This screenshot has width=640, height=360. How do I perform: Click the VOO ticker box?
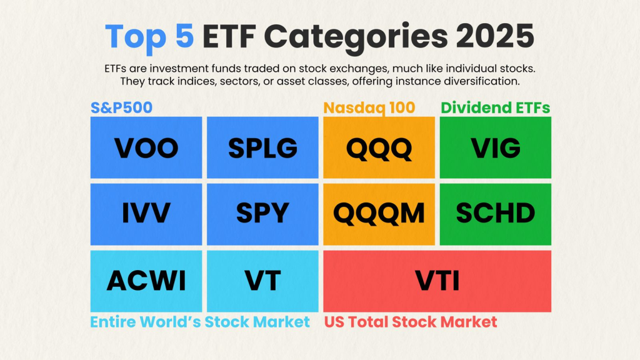146,148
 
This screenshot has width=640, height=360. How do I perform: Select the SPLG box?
262,148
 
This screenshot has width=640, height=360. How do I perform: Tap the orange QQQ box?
379,148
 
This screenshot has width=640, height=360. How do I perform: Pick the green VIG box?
496,148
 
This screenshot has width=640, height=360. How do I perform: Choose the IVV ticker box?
146,214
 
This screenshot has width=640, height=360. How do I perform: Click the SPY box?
262,214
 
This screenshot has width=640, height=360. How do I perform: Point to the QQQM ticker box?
379,214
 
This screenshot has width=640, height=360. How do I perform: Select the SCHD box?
496,214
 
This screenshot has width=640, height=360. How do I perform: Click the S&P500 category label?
121,107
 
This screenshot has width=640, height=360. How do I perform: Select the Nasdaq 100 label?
369,107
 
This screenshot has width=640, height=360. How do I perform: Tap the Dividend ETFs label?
496,107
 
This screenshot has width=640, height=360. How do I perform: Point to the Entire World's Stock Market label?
200,322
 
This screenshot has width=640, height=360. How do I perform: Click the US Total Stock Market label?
411,322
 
